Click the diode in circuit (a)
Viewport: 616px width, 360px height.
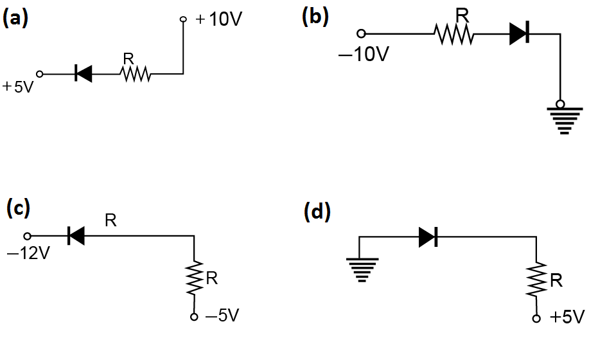[x=83, y=74]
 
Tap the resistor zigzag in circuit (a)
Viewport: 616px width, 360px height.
[x=135, y=75]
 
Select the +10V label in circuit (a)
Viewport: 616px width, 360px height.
[x=220, y=19]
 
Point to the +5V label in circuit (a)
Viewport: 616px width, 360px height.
[x=18, y=87]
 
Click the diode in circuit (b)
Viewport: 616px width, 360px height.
[x=518, y=34]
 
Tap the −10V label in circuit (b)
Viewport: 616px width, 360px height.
[x=364, y=55]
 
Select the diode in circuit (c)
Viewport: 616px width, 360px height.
[x=76, y=237]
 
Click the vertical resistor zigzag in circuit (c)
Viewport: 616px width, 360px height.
[x=195, y=278]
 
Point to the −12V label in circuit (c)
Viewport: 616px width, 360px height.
[x=28, y=253]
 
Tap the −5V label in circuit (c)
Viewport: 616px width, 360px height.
[x=222, y=316]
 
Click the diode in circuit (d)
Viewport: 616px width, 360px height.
[x=428, y=237]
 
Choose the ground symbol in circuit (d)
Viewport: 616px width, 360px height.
[x=362, y=269]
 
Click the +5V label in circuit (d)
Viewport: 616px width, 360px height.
[x=568, y=318]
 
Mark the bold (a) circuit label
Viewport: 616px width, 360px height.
[x=15, y=18]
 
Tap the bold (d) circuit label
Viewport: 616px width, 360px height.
[x=317, y=212]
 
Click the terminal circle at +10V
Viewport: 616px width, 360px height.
[x=183, y=20]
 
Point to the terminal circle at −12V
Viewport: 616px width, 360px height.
[x=27, y=237]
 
